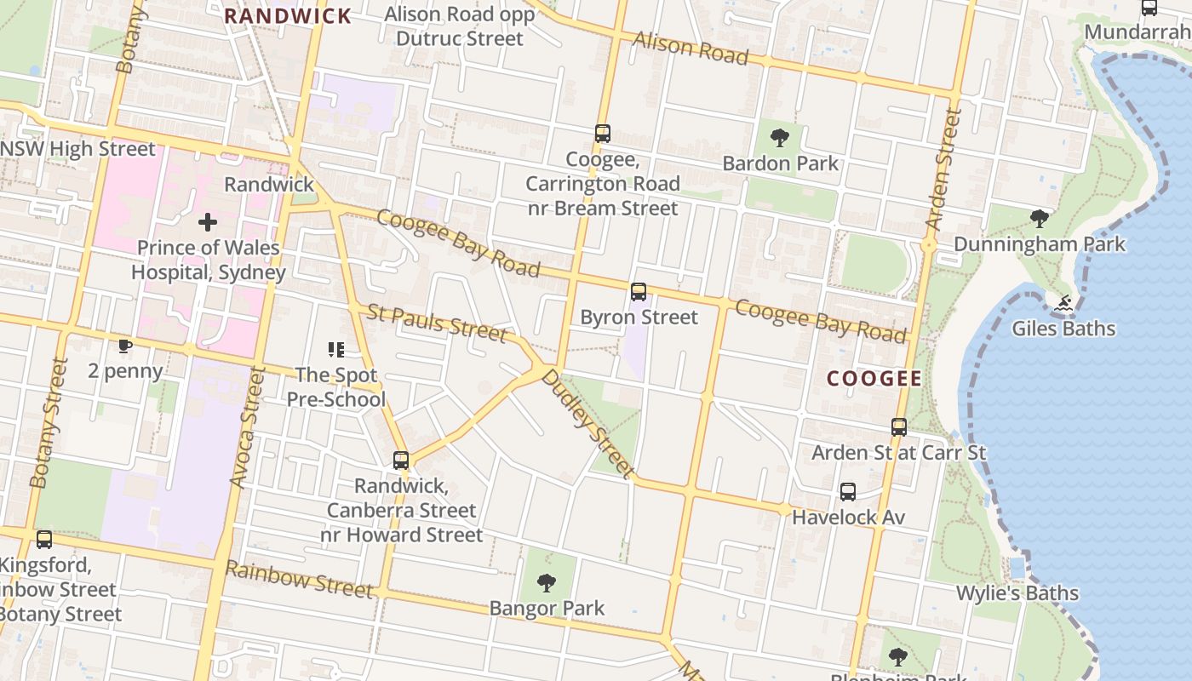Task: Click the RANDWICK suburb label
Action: pyautogui.click(x=288, y=16)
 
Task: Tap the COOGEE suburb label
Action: pyautogui.click(x=874, y=379)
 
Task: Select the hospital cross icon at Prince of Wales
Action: pyautogui.click(x=207, y=223)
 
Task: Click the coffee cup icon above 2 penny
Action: pyautogui.click(x=125, y=346)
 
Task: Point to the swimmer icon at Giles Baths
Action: pyautogui.click(x=1063, y=304)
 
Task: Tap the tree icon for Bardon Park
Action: pyautogui.click(x=779, y=138)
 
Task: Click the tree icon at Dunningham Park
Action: pyautogui.click(x=1039, y=219)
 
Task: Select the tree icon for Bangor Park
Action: pyautogui.click(x=547, y=583)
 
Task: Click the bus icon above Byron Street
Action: pyautogui.click(x=639, y=292)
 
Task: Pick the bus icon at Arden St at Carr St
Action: pyautogui.click(x=899, y=427)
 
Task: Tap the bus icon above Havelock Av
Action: pyautogui.click(x=848, y=492)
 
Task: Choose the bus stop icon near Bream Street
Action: pyautogui.click(x=603, y=134)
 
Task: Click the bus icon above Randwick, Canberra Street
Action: pyautogui.click(x=401, y=461)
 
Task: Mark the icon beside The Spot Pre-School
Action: pyautogui.click(x=336, y=350)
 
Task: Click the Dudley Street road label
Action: pyautogui.click(x=587, y=423)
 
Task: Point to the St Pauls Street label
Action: pyautogui.click(x=437, y=322)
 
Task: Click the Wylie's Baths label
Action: pyautogui.click(x=1017, y=593)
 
